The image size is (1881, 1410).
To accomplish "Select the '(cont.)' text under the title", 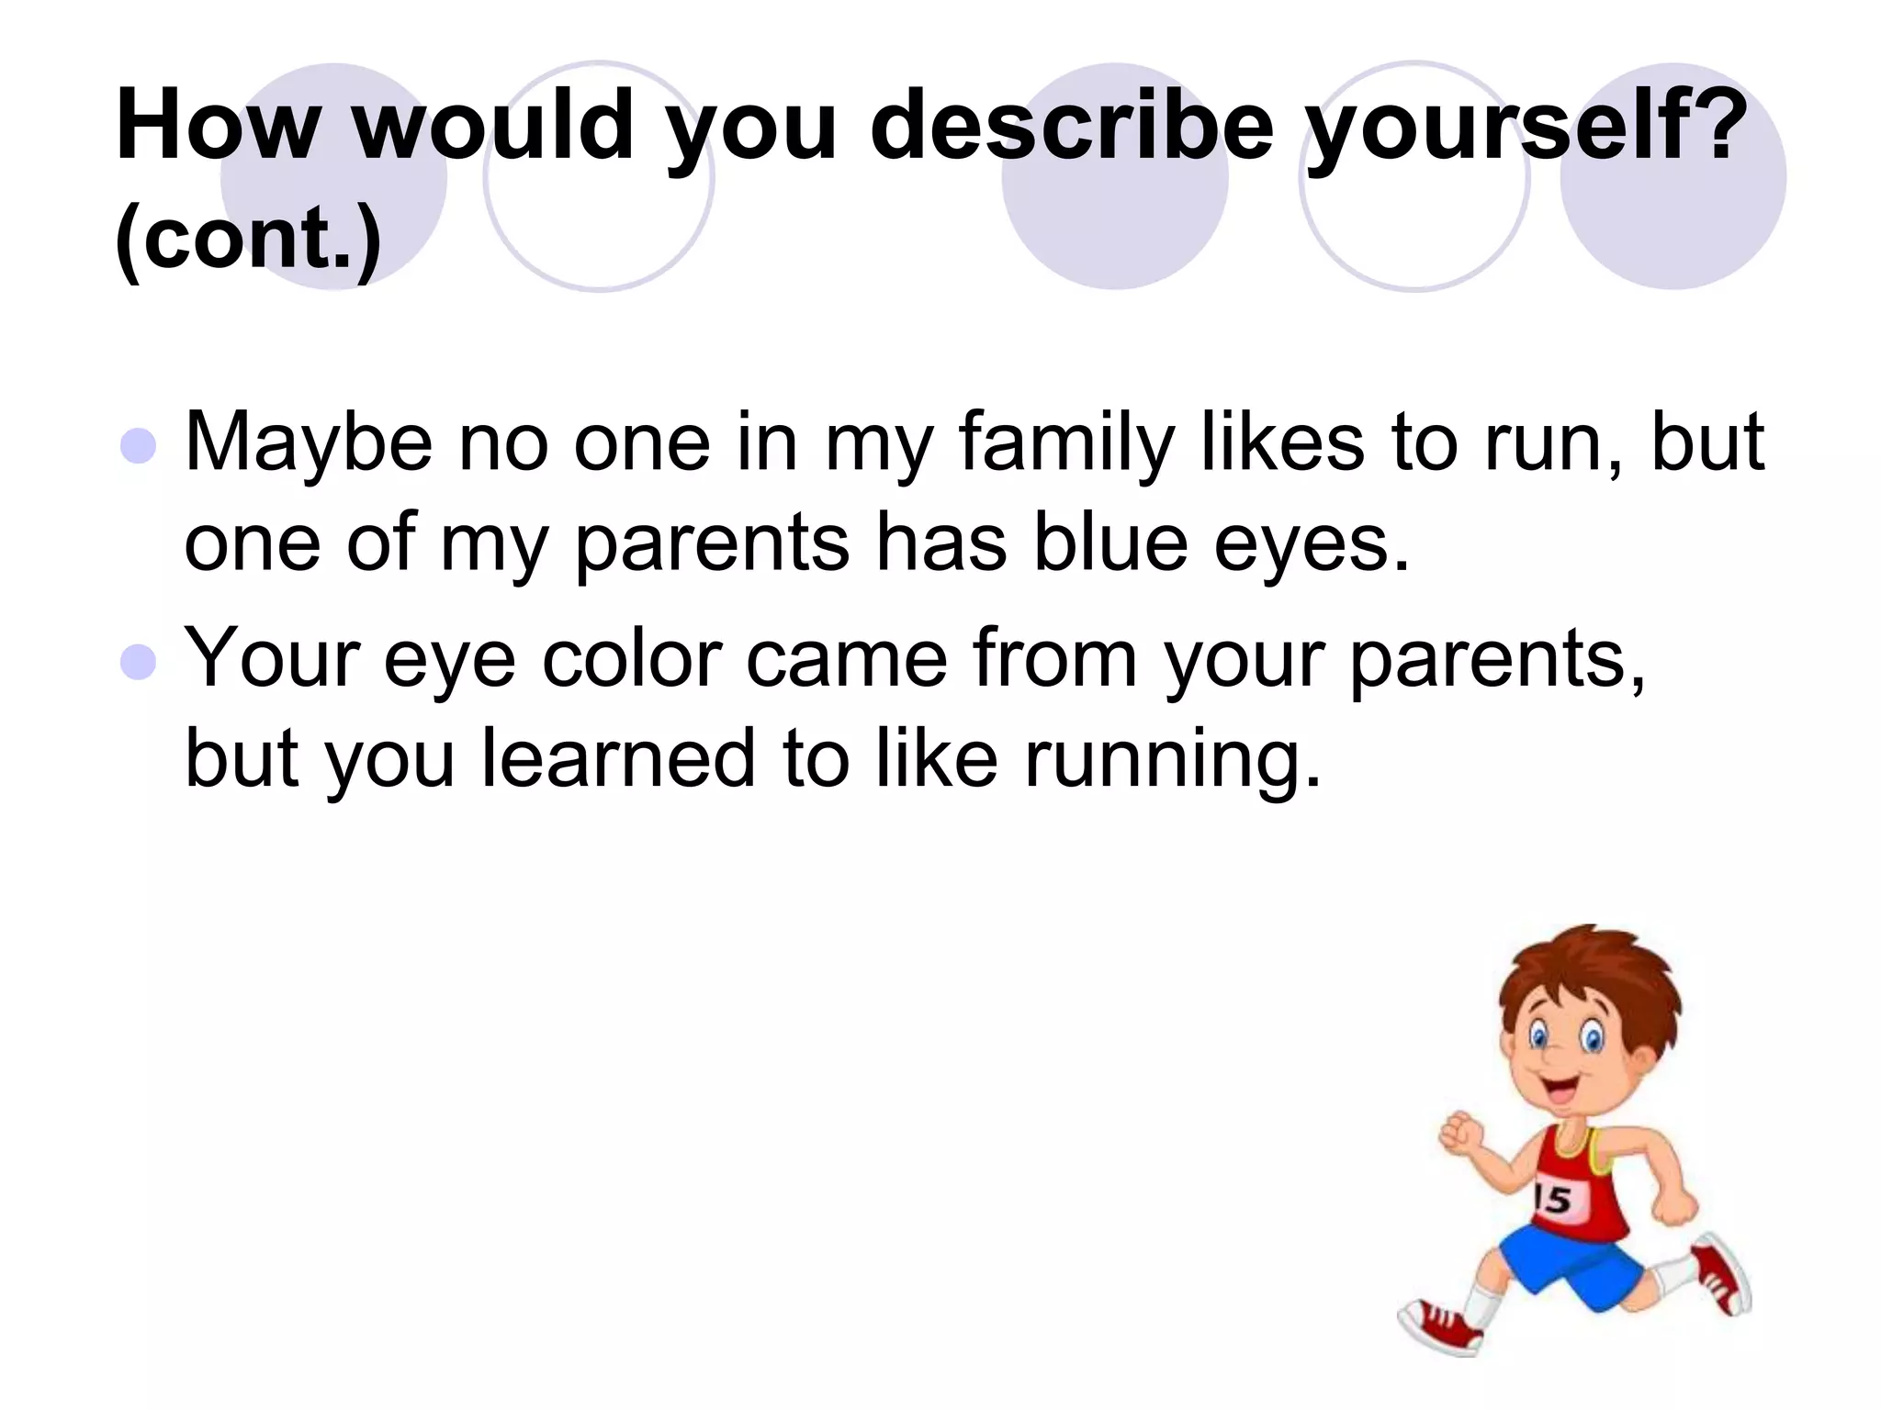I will [248, 237].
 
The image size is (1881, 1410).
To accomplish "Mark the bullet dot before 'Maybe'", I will [139, 446].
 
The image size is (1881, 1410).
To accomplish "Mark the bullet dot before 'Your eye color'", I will [139, 662].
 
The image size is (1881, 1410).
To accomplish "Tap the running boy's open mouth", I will [1559, 1091].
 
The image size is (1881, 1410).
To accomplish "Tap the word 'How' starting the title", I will [219, 126].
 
